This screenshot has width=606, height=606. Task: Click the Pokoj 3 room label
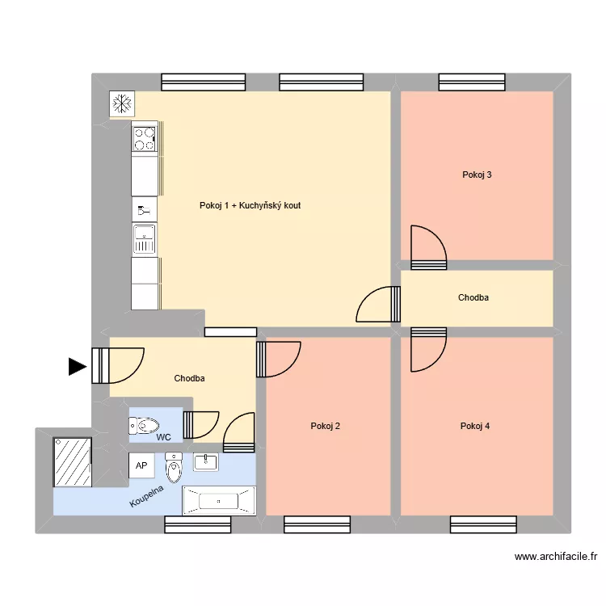coord(477,175)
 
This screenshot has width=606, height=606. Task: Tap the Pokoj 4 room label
coord(475,427)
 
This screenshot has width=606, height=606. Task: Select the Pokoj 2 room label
coord(325,427)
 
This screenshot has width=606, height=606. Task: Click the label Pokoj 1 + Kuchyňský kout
coord(250,206)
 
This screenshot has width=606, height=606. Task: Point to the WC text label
coord(164,437)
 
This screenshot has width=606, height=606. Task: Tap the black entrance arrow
coord(77,367)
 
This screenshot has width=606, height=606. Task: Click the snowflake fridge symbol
coord(122,103)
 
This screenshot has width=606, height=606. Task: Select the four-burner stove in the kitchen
coord(144,139)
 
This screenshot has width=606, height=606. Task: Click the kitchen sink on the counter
coord(144,240)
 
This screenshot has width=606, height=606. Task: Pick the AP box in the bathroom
coord(141,465)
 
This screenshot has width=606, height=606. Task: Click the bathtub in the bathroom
coord(218,501)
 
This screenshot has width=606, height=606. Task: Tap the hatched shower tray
coord(73,463)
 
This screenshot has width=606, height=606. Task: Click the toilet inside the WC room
coord(144,425)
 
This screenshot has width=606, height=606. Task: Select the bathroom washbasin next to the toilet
coord(205,462)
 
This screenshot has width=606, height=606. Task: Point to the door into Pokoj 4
coord(427,349)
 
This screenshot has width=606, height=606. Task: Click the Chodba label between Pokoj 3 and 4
coord(473,298)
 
